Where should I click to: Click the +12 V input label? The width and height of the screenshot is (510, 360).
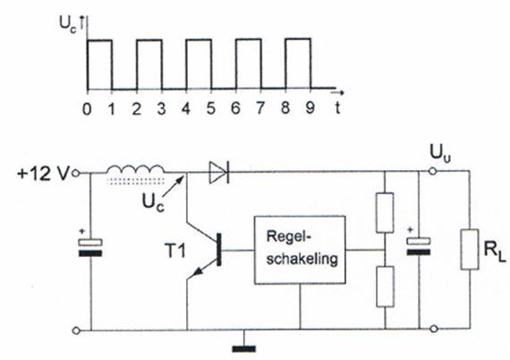(43, 174)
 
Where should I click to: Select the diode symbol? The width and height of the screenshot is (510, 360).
(219, 172)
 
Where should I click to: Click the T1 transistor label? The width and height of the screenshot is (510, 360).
(175, 251)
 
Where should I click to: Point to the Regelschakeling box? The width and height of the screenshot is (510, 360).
(300, 250)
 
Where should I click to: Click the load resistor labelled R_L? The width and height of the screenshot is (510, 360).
(470, 249)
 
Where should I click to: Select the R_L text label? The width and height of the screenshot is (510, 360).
(495, 252)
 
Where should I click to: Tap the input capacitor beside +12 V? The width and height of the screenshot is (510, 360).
(90, 247)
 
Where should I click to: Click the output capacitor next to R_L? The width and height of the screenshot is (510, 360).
(419, 246)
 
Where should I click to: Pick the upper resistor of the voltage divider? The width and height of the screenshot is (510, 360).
(385, 212)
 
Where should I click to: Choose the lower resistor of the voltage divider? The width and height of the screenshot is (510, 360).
(385, 287)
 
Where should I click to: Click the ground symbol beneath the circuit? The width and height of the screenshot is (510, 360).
(244, 348)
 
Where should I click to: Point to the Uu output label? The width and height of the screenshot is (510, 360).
(440, 154)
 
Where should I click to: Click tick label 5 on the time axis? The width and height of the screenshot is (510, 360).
(211, 107)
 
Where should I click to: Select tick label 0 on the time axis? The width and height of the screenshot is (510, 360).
(87, 108)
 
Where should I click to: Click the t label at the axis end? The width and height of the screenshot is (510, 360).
(338, 107)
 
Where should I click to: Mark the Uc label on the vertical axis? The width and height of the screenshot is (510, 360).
(68, 25)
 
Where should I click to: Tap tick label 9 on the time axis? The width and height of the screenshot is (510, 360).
(310, 107)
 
